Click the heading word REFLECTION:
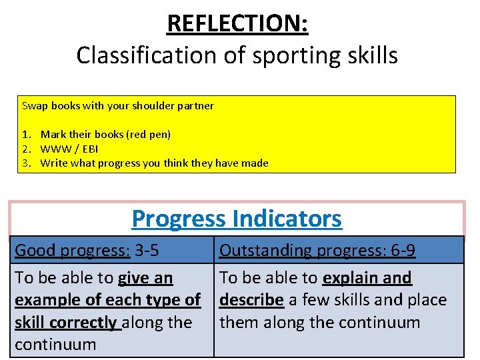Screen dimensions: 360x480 (x=237, y=23)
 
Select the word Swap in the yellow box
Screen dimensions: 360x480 (x=34, y=105)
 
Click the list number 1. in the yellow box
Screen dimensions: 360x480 (x=27, y=134)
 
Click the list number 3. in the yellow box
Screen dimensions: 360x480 (x=27, y=163)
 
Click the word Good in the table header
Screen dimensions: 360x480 (x=34, y=251)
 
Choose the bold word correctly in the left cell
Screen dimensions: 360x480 (x=85, y=323)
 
